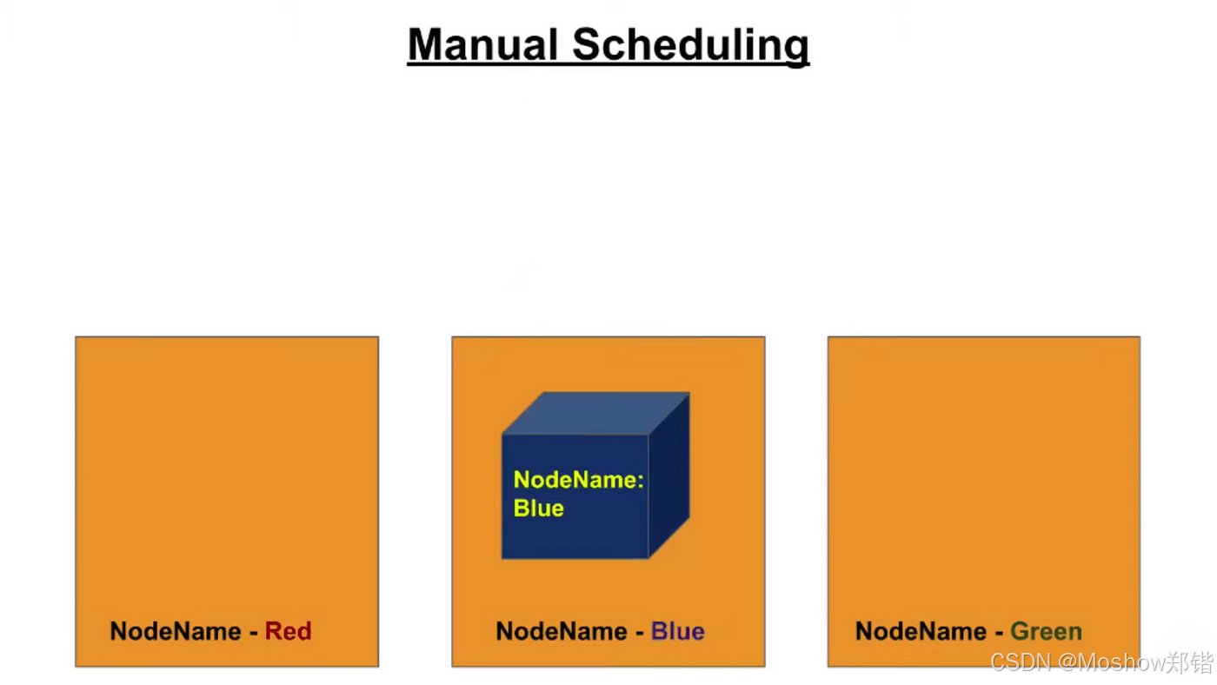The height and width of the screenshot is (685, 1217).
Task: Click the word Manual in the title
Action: point(482,44)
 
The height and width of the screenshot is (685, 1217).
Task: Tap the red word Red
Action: point(288,631)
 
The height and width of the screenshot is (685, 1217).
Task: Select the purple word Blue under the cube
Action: point(677,631)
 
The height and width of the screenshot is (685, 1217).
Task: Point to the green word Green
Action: point(1046,631)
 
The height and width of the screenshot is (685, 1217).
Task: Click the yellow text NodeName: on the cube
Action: point(578,480)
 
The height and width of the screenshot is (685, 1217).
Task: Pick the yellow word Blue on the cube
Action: point(539,509)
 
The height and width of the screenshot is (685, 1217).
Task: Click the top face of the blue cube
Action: point(595,413)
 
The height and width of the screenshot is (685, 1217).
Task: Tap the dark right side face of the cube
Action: point(668,487)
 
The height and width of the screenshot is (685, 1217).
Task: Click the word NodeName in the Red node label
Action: point(176,631)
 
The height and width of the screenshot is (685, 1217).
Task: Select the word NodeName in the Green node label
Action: point(921,631)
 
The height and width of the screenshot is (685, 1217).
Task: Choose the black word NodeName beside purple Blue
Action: point(562,631)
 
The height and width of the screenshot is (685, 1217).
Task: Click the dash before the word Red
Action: point(254,632)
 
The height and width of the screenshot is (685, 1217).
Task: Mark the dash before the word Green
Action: point(999,632)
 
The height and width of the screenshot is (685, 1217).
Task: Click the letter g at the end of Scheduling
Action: point(796,48)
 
